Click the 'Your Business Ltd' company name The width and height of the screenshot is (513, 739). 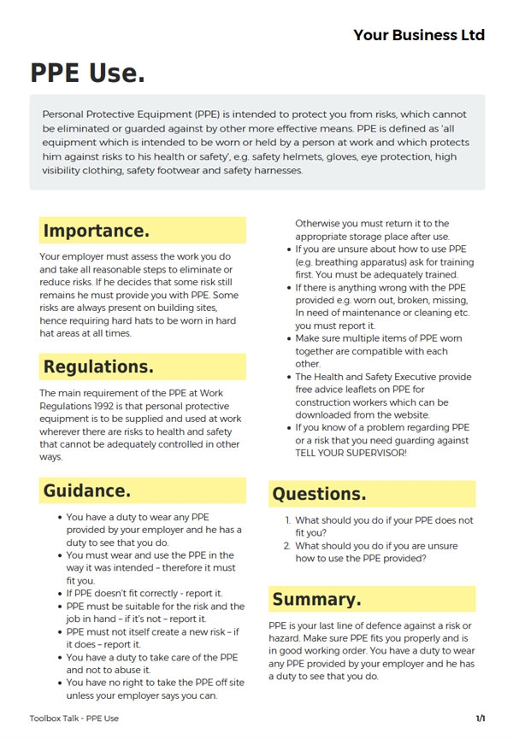(419, 35)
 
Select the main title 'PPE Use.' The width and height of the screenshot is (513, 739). (87, 73)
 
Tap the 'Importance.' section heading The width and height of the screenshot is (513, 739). (96, 231)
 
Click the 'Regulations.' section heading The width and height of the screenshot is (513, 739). (98, 367)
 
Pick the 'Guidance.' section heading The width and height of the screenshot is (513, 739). (87, 491)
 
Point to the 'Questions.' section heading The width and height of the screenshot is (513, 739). (319, 494)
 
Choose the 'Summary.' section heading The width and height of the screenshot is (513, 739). (316, 599)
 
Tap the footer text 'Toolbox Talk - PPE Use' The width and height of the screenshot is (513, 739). (74, 718)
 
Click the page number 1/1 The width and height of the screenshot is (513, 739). (481, 718)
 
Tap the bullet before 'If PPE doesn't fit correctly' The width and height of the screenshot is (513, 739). (59, 593)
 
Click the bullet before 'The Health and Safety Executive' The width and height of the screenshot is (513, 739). (288, 377)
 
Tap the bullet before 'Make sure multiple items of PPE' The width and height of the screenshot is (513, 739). (288, 338)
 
